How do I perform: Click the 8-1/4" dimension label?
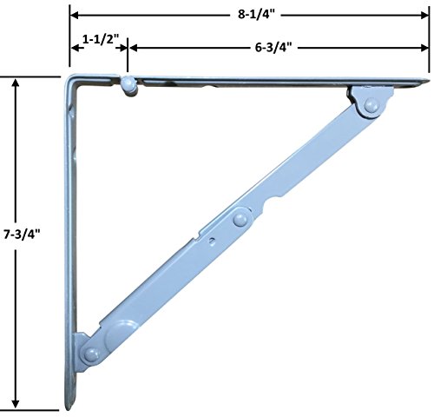coord(256,15)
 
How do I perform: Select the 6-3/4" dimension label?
coord(273,47)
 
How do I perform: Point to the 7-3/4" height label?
coord(22,234)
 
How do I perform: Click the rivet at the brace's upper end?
coord(371,105)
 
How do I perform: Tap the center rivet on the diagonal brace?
coord(240,219)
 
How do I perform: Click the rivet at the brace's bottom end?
coord(91,354)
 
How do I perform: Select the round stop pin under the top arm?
coord(128,85)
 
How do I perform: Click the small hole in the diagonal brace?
coord(213,241)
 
